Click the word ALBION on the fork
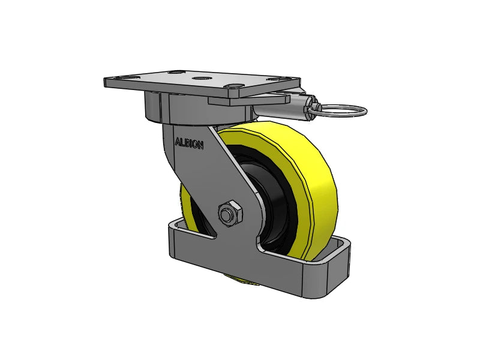pyautogui.click(x=189, y=143)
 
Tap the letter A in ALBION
pyautogui.click(x=177, y=142)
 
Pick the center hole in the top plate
pyautogui.click(x=201, y=78)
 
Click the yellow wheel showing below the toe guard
pyautogui.click(x=240, y=277)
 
